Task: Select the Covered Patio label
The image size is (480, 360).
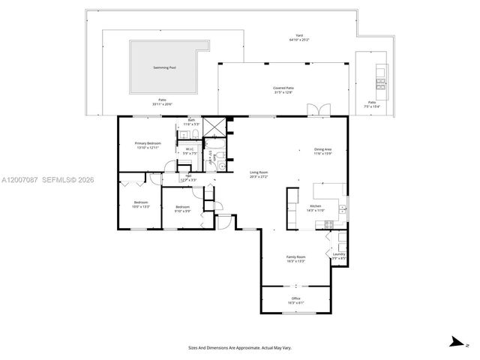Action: coord(283,88)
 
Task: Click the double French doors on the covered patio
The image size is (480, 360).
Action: coord(320,111)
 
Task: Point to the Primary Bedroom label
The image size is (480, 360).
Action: coord(148,142)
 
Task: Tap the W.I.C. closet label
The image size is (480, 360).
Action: coord(190,148)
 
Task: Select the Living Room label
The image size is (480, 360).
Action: coord(259,172)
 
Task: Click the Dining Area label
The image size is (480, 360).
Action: coord(322,149)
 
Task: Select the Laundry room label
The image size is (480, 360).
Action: coord(337,255)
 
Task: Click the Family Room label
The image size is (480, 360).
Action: coord(295,256)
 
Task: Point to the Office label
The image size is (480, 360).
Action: coord(295,298)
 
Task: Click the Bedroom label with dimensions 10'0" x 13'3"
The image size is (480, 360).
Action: coord(141,202)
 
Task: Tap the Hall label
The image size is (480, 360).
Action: coord(188,175)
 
